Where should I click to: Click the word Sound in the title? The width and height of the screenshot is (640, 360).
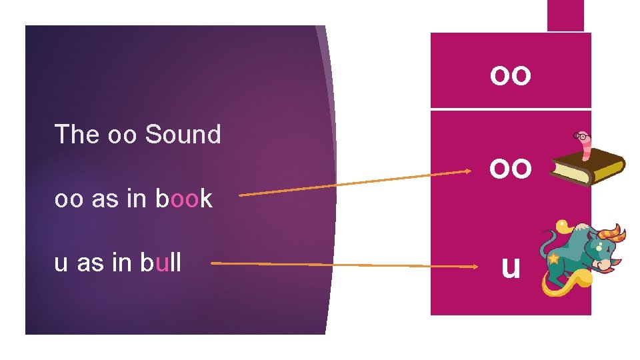(x=183, y=135)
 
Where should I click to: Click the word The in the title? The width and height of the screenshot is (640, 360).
(x=77, y=135)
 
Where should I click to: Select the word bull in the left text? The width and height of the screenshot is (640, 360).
(x=161, y=263)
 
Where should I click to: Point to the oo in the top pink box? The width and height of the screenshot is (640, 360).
(x=511, y=75)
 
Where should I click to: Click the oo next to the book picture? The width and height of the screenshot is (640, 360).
(x=511, y=168)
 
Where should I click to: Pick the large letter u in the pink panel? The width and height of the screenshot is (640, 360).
(x=510, y=267)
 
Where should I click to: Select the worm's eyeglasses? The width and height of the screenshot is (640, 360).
(x=581, y=136)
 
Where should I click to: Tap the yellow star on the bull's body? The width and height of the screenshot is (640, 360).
(x=553, y=258)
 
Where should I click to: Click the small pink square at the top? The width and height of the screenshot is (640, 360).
(x=565, y=15)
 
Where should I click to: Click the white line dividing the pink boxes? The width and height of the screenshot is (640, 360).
(x=511, y=109)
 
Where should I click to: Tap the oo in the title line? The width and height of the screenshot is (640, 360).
(x=122, y=135)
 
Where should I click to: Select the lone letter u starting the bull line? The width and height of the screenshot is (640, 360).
(x=61, y=263)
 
